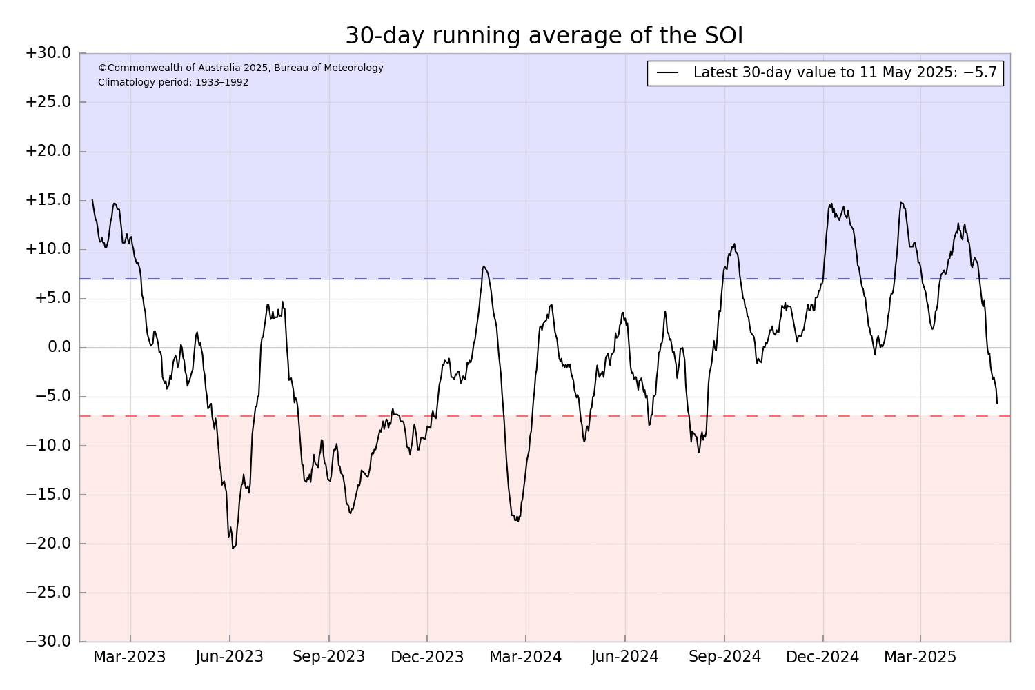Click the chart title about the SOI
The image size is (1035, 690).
544,36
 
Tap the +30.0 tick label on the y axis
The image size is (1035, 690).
48,53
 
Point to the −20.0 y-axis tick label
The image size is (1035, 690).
48,544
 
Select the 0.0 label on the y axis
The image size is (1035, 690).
59,347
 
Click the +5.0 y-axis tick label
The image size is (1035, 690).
53,298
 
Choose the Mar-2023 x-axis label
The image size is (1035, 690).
130,657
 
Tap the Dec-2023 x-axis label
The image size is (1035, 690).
427,657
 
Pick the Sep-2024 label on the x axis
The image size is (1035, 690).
724,657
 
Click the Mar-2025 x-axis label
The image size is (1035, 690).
920,657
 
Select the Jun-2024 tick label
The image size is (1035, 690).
624,657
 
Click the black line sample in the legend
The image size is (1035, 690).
667,73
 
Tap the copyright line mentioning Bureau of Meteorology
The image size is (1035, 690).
241,68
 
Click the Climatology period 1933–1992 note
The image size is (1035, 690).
173,83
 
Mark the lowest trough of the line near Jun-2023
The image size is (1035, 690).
233,549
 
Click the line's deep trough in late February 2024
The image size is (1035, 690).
517,521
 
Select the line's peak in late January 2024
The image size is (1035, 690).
483,266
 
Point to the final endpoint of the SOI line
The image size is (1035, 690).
996,404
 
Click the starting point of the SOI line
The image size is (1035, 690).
92,199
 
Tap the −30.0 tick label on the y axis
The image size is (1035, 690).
48,642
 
